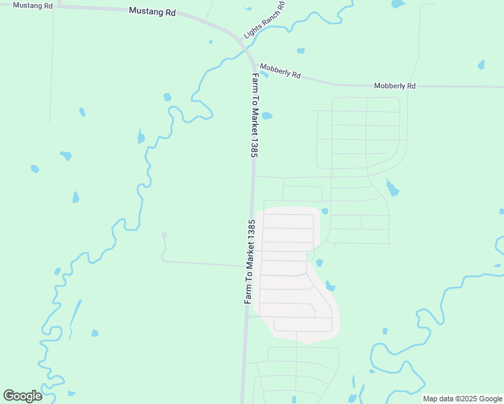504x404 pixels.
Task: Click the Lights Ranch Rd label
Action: tap(265, 19)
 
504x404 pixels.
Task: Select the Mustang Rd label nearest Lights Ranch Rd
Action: tap(152, 11)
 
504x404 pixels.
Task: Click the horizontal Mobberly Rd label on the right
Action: tap(395, 86)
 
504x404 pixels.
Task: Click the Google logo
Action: tap(22, 396)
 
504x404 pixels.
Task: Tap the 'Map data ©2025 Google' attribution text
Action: tap(463, 399)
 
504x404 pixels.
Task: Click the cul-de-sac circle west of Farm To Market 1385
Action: tap(164, 235)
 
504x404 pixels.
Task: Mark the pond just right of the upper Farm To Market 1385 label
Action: tap(267, 116)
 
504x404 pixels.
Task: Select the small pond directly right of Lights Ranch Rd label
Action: tap(301, 50)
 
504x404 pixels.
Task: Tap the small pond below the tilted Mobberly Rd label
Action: tap(265, 75)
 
